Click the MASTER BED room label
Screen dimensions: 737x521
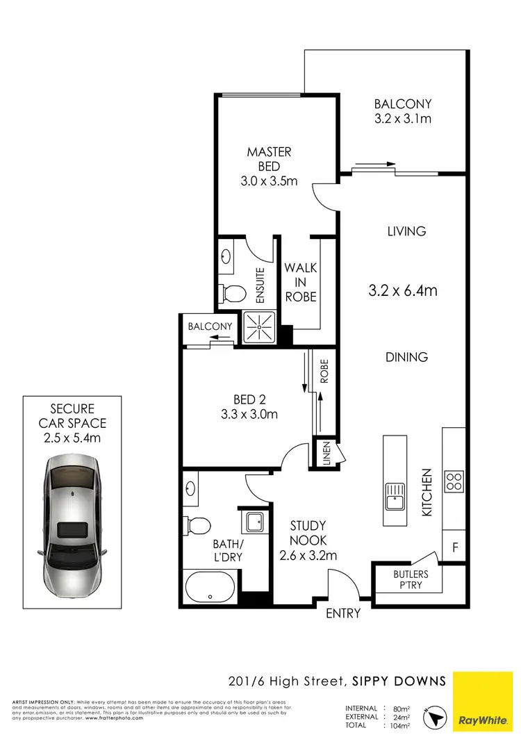point(270,159)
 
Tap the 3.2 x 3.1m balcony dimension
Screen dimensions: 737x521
point(403,119)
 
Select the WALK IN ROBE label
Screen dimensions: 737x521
point(300,282)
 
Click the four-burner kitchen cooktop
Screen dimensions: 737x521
point(454,481)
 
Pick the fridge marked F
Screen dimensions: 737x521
point(455,548)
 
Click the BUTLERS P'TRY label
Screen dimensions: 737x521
point(411,580)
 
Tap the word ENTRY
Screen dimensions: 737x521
point(343,613)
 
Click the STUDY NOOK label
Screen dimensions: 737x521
point(308,540)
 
